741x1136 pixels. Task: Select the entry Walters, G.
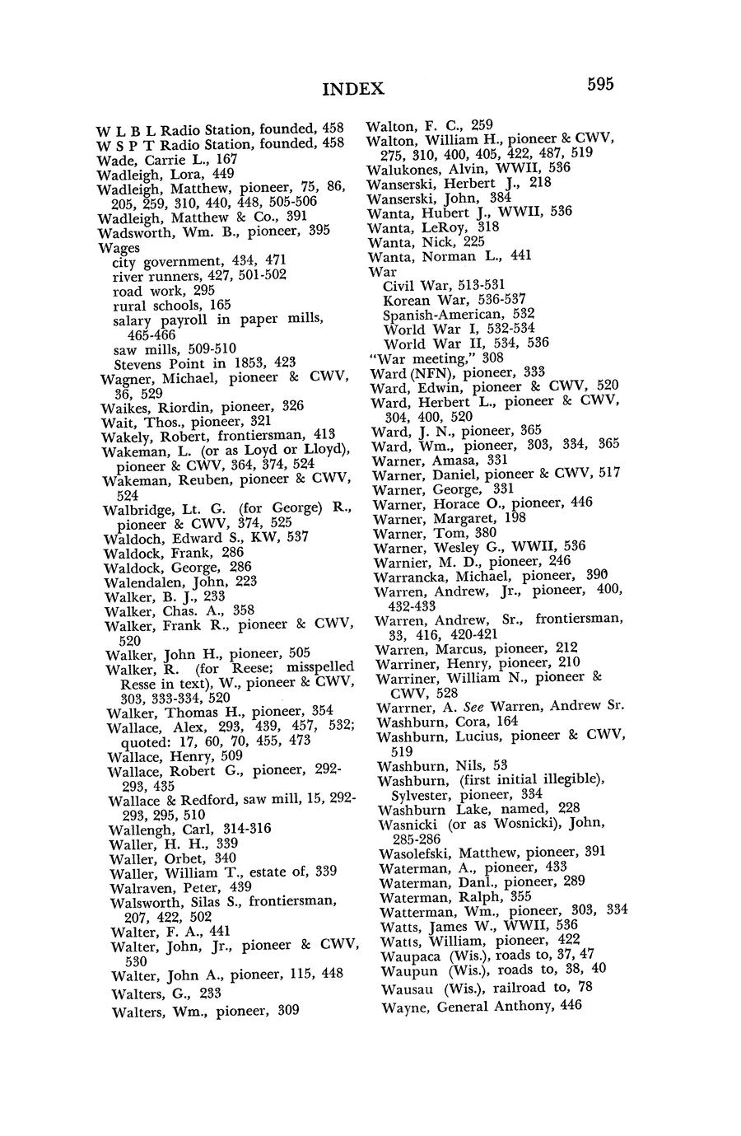(148, 994)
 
